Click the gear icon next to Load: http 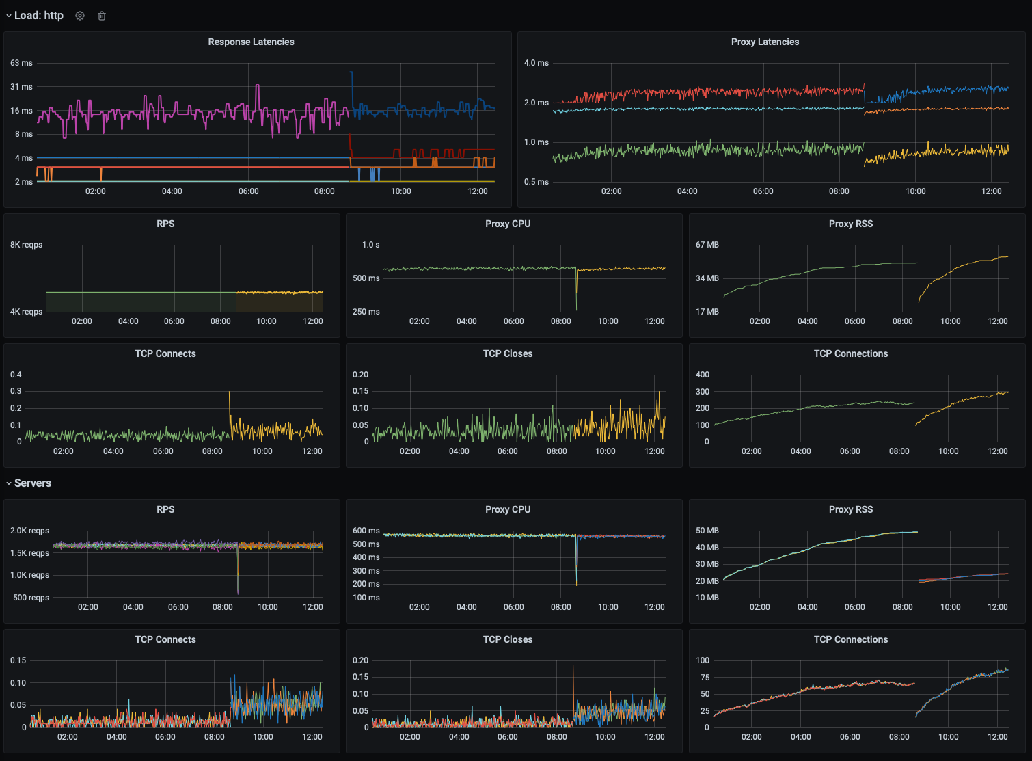(x=80, y=16)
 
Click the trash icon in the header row (x=102, y=16)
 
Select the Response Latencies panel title (x=251, y=42)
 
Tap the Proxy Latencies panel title (x=765, y=42)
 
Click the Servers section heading (x=33, y=483)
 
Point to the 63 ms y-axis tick (x=21, y=63)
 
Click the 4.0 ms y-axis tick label (x=536, y=63)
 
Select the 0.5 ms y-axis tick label (x=536, y=182)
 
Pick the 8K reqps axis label (x=26, y=245)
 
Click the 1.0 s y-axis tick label (x=370, y=245)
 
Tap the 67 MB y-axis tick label (x=707, y=245)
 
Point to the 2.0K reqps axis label (x=29, y=531)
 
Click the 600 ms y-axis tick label (x=366, y=531)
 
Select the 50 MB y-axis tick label (x=707, y=531)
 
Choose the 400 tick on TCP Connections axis (x=702, y=375)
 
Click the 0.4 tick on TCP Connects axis (x=16, y=375)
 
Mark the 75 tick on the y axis (x=705, y=678)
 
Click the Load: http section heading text (x=39, y=16)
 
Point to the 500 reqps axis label (x=31, y=598)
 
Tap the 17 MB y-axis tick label (x=707, y=312)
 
